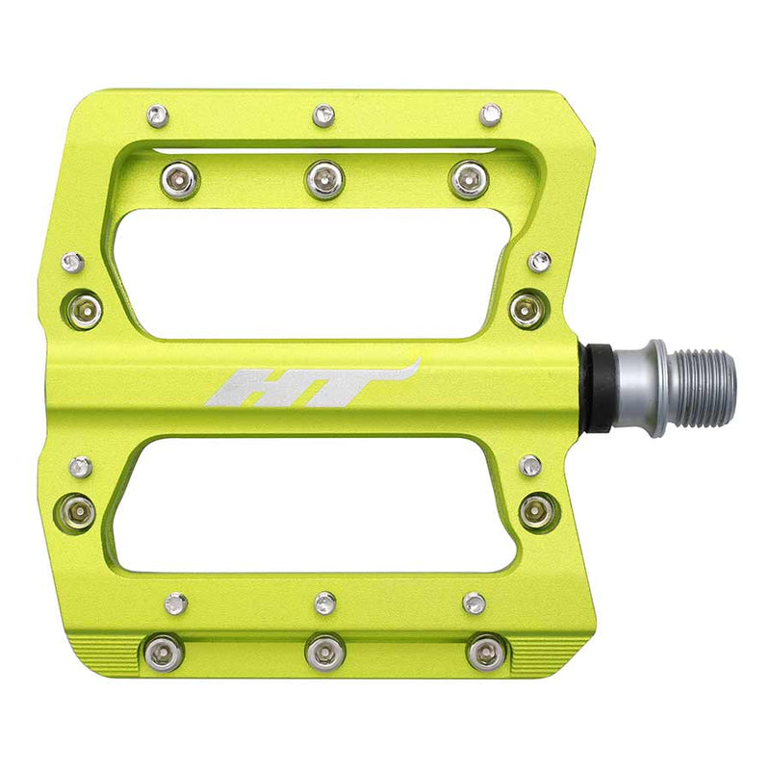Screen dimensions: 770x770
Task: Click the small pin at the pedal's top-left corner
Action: click(157, 116)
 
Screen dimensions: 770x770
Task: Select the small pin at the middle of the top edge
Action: click(324, 115)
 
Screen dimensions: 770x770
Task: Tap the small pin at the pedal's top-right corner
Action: click(491, 115)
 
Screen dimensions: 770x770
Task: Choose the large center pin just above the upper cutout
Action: click(325, 178)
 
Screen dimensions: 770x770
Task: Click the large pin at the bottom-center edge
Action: click(325, 652)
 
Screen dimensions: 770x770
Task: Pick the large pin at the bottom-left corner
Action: click(164, 654)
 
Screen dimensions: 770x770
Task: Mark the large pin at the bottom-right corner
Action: click(484, 653)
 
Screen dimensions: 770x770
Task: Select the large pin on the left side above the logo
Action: click(85, 309)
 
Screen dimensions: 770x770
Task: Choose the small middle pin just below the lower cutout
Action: click(325, 603)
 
